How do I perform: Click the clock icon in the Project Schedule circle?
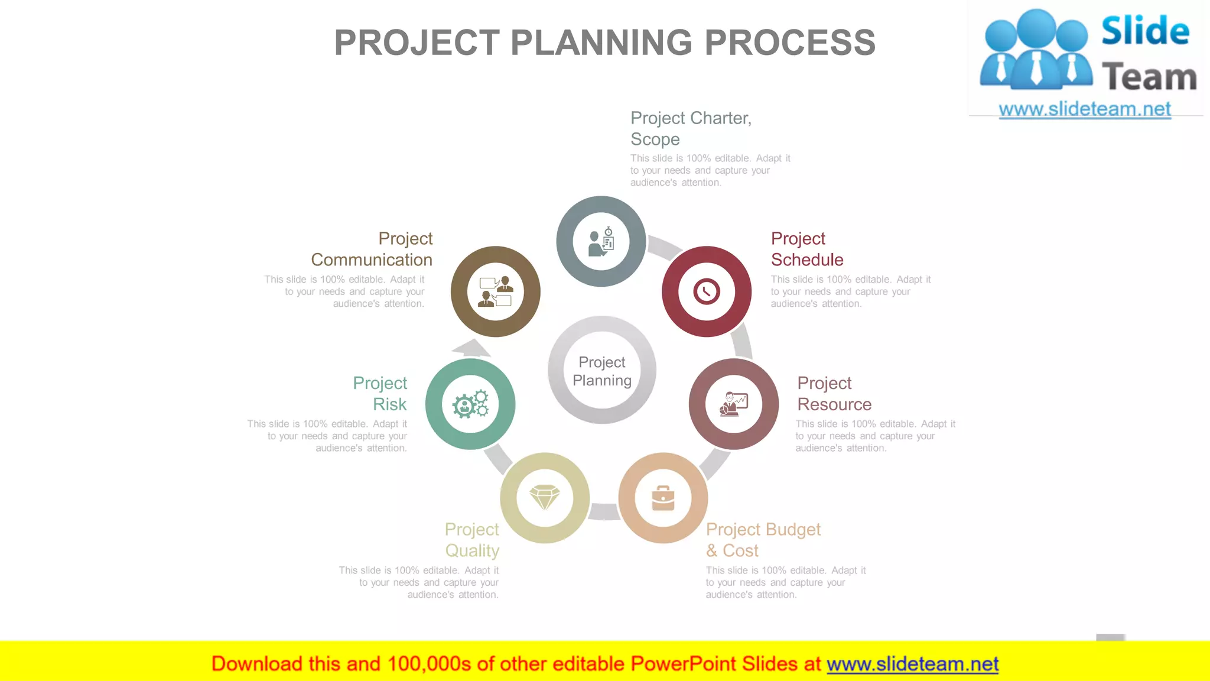click(707, 291)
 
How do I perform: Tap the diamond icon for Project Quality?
click(545, 497)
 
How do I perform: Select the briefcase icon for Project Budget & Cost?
click(663, 498)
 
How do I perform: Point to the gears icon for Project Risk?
click(470, 404)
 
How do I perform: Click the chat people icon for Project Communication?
click(496, 291)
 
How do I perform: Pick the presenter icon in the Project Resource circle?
click(734, 404)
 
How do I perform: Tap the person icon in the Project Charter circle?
click(601, 242)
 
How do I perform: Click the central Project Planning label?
click(602, 371)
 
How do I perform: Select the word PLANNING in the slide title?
click(601, 43)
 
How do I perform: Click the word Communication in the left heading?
click(372, 260)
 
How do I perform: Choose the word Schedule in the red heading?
click(807, 260)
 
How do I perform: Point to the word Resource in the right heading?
click(834, 404)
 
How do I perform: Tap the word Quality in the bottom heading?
click(472, 550)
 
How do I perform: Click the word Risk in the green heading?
click(390, 404)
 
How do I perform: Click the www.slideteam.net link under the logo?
click(1085, 109)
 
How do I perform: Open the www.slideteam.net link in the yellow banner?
click(912, 664)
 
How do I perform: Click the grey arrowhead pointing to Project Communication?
click(472, 348)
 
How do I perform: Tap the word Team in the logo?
click(1149, 77)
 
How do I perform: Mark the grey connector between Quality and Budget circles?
click(604, 511)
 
